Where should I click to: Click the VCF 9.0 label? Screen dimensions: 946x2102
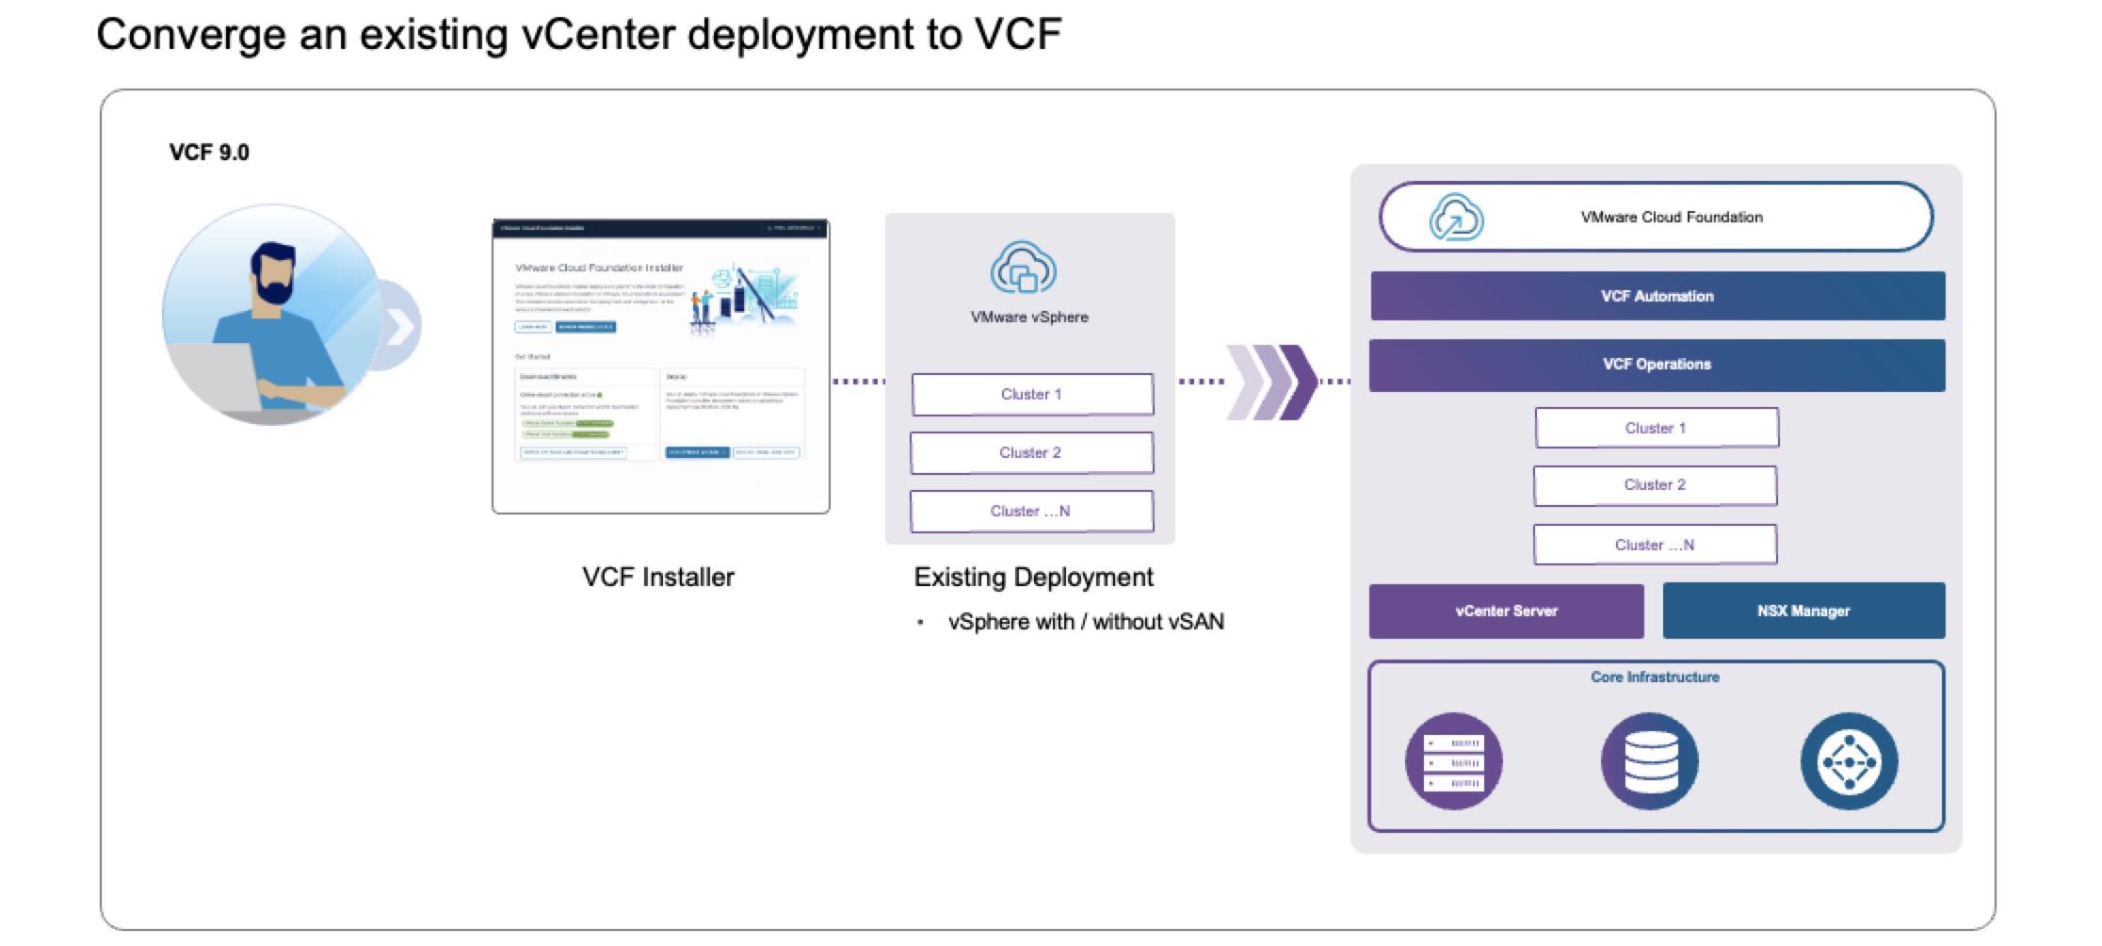coord(209,153)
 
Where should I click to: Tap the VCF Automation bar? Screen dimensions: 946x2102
coord(1657,296)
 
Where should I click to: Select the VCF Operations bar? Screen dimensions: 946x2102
coord(1657,365)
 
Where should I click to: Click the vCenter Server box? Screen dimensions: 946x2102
coord(1506,611)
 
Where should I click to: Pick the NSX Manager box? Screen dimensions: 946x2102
coord(1803,611)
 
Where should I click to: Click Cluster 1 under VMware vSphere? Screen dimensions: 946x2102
coord(1031,395)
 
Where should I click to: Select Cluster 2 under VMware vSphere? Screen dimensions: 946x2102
coord(1031,453)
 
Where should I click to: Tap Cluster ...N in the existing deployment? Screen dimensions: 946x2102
coord(1031,512)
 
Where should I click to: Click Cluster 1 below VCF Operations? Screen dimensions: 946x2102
coord(1656,428)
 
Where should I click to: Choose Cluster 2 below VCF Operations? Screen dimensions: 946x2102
coord(1655,485)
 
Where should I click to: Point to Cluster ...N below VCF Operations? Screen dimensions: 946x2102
coord(1655,545)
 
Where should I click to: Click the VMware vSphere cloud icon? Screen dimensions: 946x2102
coord(1023,269)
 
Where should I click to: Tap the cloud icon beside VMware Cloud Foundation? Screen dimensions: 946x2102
coord(1456,217)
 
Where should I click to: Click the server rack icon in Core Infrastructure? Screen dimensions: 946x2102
coord(1453,761)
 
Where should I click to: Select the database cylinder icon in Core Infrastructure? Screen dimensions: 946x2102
coord(1650,761)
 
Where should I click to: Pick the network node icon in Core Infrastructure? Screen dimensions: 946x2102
coord(1849,761)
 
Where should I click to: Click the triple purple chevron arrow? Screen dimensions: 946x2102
coord(1270,382)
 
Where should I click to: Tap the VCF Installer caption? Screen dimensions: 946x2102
coord(658,577)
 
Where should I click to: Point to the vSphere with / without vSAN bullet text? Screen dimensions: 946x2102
coord(1085,622)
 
